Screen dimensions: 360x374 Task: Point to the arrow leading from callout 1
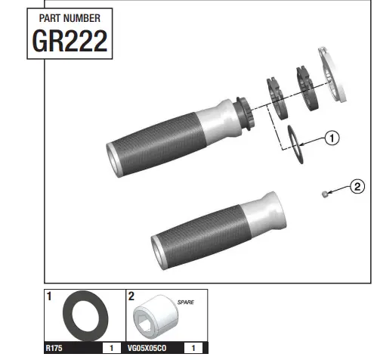tap(312, 139)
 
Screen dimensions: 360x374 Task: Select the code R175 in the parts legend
tap(55, 349)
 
